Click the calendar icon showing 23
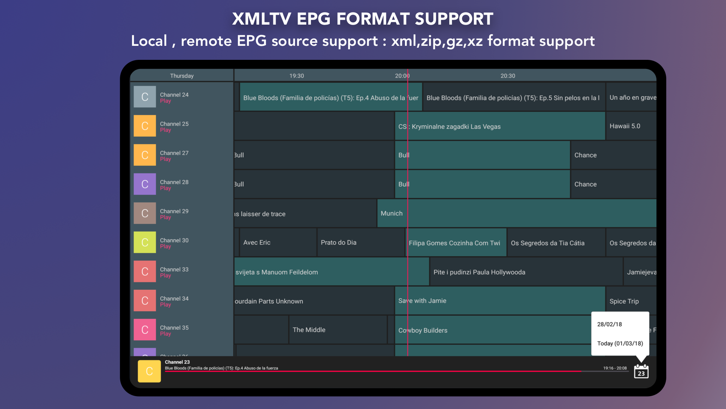coord(641,372)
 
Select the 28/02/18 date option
coord(610,324)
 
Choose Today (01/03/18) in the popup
coord(620,343)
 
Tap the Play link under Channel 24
coord(165,101)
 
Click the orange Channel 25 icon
coord(145,126)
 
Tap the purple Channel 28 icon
coord(145,184)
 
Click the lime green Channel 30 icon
coord(145,242)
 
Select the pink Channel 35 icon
coord(145,330)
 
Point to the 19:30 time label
coord(296,76)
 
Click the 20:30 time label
coord(507,76)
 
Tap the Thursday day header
coord(181,76)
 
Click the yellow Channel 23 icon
coord(149,372)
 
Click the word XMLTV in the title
coord(261,19)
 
